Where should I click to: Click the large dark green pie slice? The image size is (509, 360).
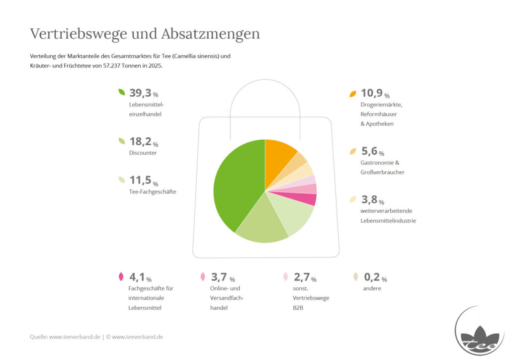[237, 185]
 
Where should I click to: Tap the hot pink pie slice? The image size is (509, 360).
[302, 198]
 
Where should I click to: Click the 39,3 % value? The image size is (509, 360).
[144, 93]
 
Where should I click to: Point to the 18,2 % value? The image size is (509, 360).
[144, 142]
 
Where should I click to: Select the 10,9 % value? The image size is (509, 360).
[375, 93]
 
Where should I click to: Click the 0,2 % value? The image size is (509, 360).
[375, 277]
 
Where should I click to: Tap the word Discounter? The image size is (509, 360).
[143, 153]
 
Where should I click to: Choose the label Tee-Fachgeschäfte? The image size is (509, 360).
[153, 192]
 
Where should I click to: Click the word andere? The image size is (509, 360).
[372, 288]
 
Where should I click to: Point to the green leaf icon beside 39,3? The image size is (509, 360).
[122, 92]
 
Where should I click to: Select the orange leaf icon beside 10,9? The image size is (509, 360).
[353, 94]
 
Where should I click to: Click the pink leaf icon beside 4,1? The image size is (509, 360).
[121, 277]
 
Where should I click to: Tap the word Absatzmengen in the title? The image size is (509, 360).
[210, 34]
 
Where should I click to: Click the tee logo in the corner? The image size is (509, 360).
[480, 331]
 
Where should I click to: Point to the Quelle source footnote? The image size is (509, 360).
[96, 337]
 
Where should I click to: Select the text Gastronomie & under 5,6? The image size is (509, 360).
[380, 163]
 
